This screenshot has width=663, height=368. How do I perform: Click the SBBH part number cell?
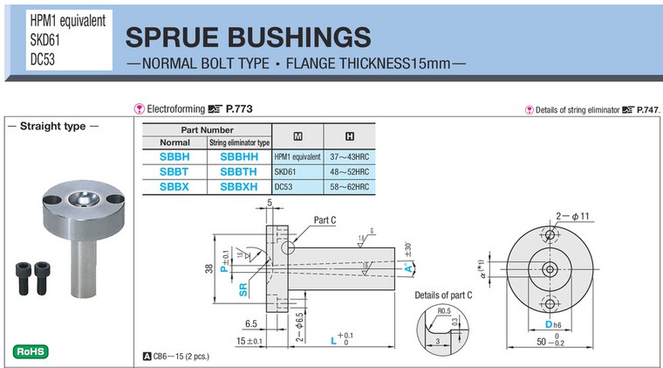coord(174,157)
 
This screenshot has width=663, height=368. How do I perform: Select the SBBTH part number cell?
coord(239,172)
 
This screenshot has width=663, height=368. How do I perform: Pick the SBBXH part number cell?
coord(239,187)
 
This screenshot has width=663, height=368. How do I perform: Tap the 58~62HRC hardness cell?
coord(350,187)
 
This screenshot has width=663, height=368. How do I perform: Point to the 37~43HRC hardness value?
coord(350,157)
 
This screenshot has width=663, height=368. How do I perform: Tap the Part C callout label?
coord(324,219)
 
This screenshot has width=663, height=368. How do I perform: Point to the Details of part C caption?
coord(444,295)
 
